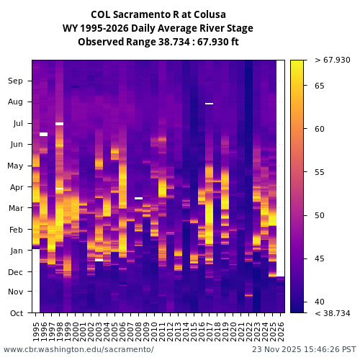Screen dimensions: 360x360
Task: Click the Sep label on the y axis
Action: click(16, 81)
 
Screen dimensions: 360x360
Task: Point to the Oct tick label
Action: click(16, 312)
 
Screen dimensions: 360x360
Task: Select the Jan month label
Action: click(16, 251)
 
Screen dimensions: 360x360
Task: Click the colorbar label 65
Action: click(320, 86)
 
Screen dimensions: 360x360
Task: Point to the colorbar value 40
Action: click(320, 302)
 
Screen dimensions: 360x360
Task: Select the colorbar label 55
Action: click(320, 172)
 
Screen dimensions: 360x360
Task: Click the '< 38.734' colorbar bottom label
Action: click(332, 312)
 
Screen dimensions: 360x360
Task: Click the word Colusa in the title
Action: click(210, 14)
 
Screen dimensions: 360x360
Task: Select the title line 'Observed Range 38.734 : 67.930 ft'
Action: click(158, 42)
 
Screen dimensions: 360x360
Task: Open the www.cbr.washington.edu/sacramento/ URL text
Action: click(78, 349)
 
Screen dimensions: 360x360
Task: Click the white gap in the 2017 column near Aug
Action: click(209, 104)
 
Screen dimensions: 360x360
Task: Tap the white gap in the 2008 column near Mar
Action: click(138, 198)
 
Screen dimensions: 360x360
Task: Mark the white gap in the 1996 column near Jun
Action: click(43, 134)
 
